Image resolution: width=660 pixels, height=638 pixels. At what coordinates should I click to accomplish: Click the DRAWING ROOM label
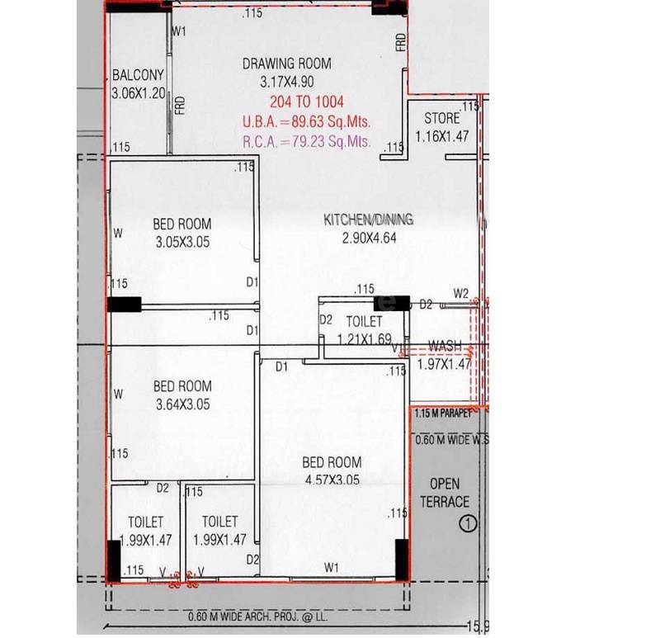click(286, 64)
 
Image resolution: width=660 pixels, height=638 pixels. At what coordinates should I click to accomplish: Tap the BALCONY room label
click(138, 76)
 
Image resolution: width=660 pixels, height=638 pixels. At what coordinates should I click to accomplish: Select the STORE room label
click(441, 118)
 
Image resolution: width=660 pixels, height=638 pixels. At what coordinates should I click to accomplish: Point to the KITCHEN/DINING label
click(368, 220)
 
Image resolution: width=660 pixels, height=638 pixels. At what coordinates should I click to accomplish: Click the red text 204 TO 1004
click(306, 103)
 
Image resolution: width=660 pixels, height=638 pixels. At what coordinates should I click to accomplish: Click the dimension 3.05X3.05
click(182, 242)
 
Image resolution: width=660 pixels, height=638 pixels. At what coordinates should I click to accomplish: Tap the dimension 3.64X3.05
click(182, 404)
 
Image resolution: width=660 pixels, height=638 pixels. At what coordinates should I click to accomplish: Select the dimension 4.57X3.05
click(331, 480)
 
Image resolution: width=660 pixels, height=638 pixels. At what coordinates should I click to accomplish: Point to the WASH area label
click(445, 346)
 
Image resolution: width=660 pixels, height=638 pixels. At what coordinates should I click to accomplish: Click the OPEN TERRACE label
click(445, 492)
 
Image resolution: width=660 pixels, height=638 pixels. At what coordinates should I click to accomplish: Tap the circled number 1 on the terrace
click(469, 522)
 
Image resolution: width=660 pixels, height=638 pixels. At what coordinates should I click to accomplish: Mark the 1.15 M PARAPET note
click(443, 413)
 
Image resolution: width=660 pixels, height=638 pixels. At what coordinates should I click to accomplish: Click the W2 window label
click(461, 293)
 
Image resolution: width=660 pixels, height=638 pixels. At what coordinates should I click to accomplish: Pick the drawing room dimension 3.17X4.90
click(286, 82)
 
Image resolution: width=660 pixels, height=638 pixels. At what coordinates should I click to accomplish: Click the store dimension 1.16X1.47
click(441, 137)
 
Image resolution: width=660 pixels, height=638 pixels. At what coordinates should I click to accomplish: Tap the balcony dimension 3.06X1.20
click(139, 93)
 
